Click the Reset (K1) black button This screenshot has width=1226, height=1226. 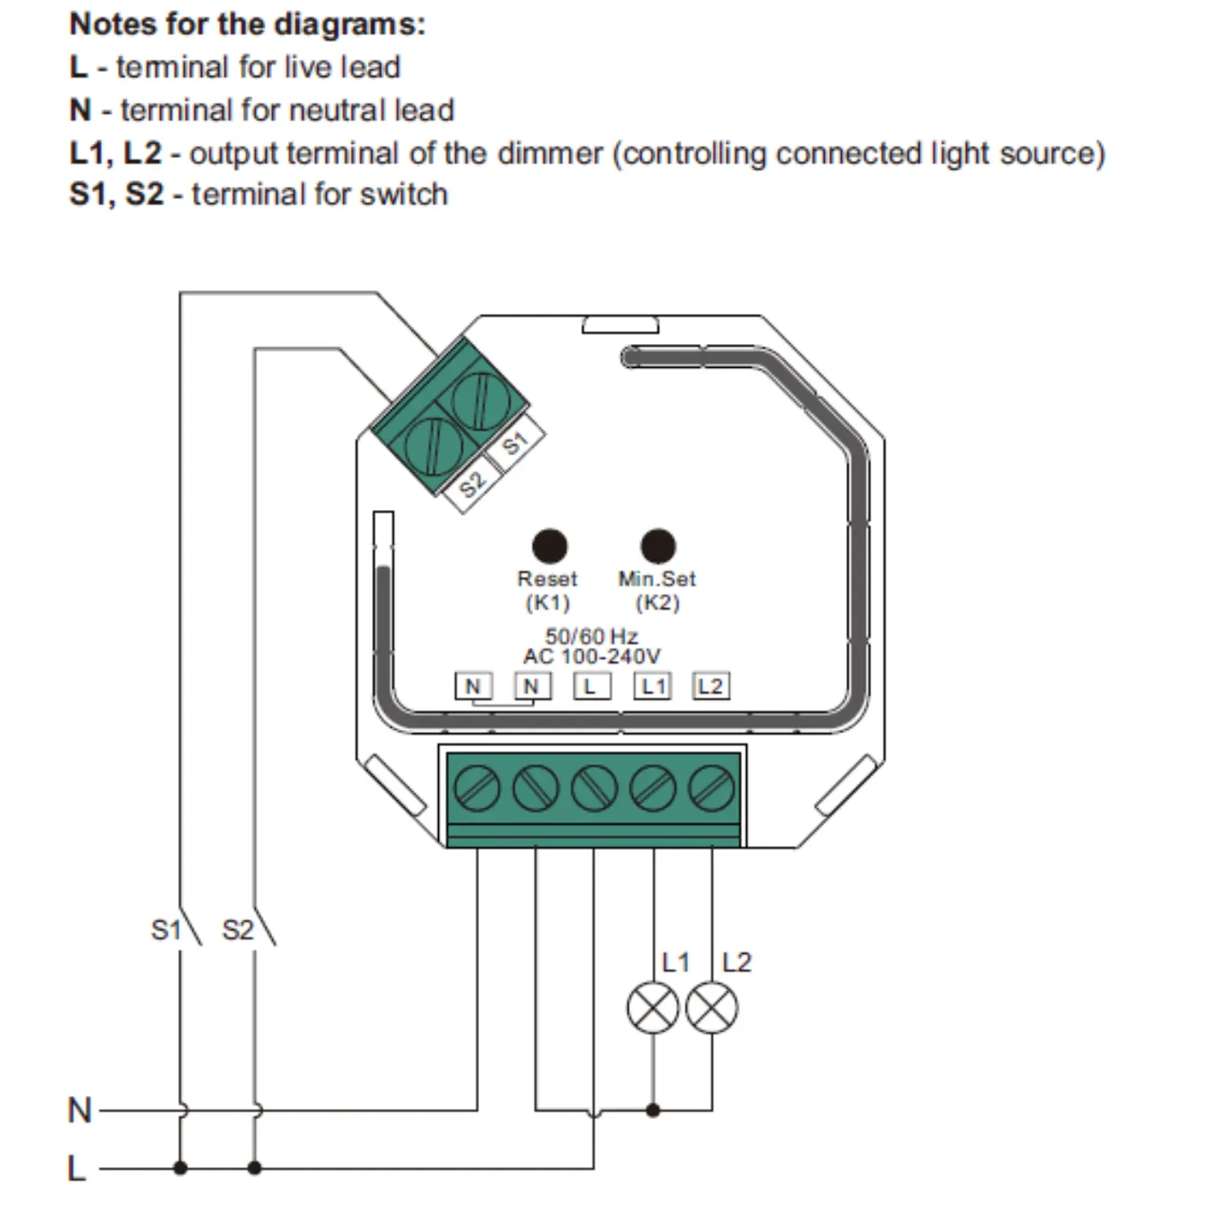[549, 546]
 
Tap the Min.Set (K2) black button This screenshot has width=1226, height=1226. [658, 546]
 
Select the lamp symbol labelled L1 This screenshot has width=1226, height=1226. [653, 1008]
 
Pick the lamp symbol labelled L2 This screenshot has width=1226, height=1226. [712, 1008]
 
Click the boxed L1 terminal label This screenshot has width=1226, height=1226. [652, 686]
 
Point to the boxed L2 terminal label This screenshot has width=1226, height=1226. [711, 686]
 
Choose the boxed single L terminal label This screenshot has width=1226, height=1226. [592, 686]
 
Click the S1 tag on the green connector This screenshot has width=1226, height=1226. [515, 444]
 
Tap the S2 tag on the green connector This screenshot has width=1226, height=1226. [472, 485]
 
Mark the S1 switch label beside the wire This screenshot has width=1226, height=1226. [166, 930]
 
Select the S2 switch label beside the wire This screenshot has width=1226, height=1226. [238, 930]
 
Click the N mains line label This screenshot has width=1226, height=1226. [80, 1110]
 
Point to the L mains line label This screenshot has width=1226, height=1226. [77, 1168]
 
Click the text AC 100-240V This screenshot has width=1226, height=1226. [592, 656]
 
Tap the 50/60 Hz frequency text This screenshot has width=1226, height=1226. [592, 636]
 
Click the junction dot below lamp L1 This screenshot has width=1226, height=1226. [653, 1110]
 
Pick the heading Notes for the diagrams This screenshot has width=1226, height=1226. [248, 25]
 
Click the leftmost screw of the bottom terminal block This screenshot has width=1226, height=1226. [477, 789]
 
